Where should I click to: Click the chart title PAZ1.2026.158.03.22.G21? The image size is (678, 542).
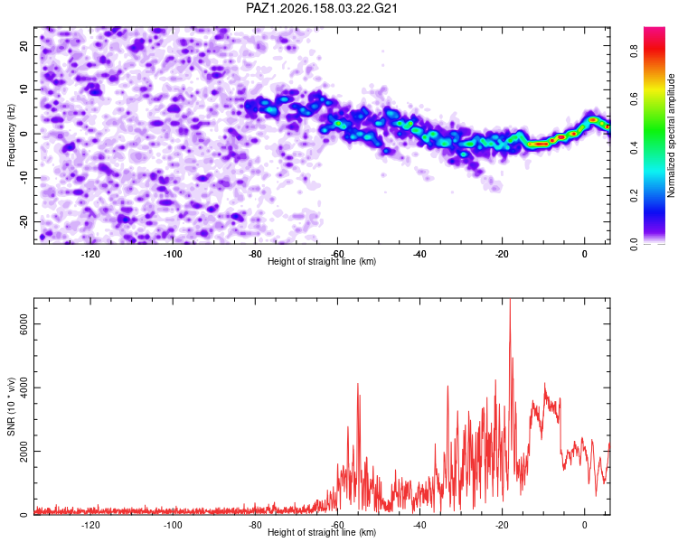[321, 8]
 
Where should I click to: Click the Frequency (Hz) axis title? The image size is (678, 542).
[11, 135]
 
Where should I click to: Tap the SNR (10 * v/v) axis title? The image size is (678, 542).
[11, 406]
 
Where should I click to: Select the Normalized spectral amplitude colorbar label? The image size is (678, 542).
[671, 135]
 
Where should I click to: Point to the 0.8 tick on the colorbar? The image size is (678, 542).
[634, 51]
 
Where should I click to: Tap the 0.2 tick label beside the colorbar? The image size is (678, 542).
[634, 196]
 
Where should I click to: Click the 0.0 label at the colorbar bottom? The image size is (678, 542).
[634, 244]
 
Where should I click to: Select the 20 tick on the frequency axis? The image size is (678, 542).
[24, 46]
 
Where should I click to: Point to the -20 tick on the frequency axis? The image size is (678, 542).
[24, 221]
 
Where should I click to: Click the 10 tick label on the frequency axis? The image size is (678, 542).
[24, 90]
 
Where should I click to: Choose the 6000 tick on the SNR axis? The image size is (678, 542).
[24, 324]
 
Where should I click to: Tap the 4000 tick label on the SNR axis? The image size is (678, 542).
[24, 388]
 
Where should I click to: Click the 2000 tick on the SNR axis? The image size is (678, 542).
[24, 452]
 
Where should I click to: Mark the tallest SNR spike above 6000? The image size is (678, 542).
[510, 300]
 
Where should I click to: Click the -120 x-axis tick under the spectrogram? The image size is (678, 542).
[90, 254]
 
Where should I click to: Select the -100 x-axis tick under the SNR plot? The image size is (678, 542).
[173, 525]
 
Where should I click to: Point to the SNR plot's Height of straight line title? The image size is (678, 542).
[322, 532]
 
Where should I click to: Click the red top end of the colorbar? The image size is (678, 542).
[654, 29]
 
